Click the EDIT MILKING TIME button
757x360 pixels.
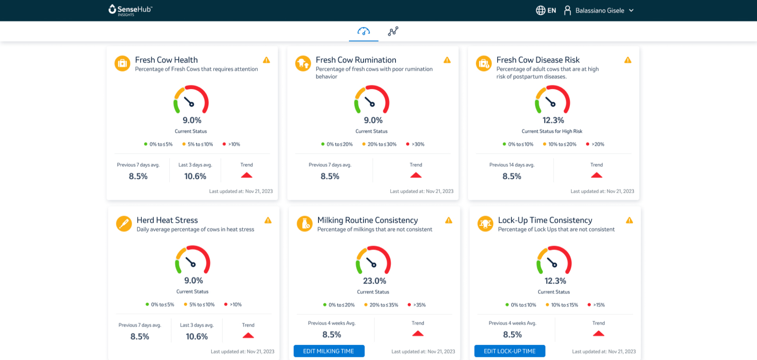click(329, 351)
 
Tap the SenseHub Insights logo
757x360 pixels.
click(130, 10)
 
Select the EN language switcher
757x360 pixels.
click(546, 11)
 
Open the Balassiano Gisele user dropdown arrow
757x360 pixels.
click(631, 11)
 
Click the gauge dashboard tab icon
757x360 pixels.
click(364, 31)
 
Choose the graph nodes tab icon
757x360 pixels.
click(393, 31)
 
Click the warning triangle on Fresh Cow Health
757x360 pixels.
click(266, 60)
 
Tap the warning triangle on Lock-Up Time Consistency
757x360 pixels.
click(629, 220)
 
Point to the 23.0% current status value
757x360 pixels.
click(374, 281)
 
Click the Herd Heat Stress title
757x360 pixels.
click(167, 220)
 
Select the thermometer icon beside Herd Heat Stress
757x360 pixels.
click(124, 223)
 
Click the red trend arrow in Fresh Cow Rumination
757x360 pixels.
click(416, 175)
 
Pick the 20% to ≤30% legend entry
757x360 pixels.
click(379, 144)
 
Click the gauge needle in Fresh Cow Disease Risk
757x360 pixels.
click(550, 102)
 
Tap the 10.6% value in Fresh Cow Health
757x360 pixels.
click(195, 176)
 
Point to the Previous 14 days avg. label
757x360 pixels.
click(512, 165)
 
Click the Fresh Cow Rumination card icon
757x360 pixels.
click(303, 63)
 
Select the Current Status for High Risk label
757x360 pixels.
click(552, 131)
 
